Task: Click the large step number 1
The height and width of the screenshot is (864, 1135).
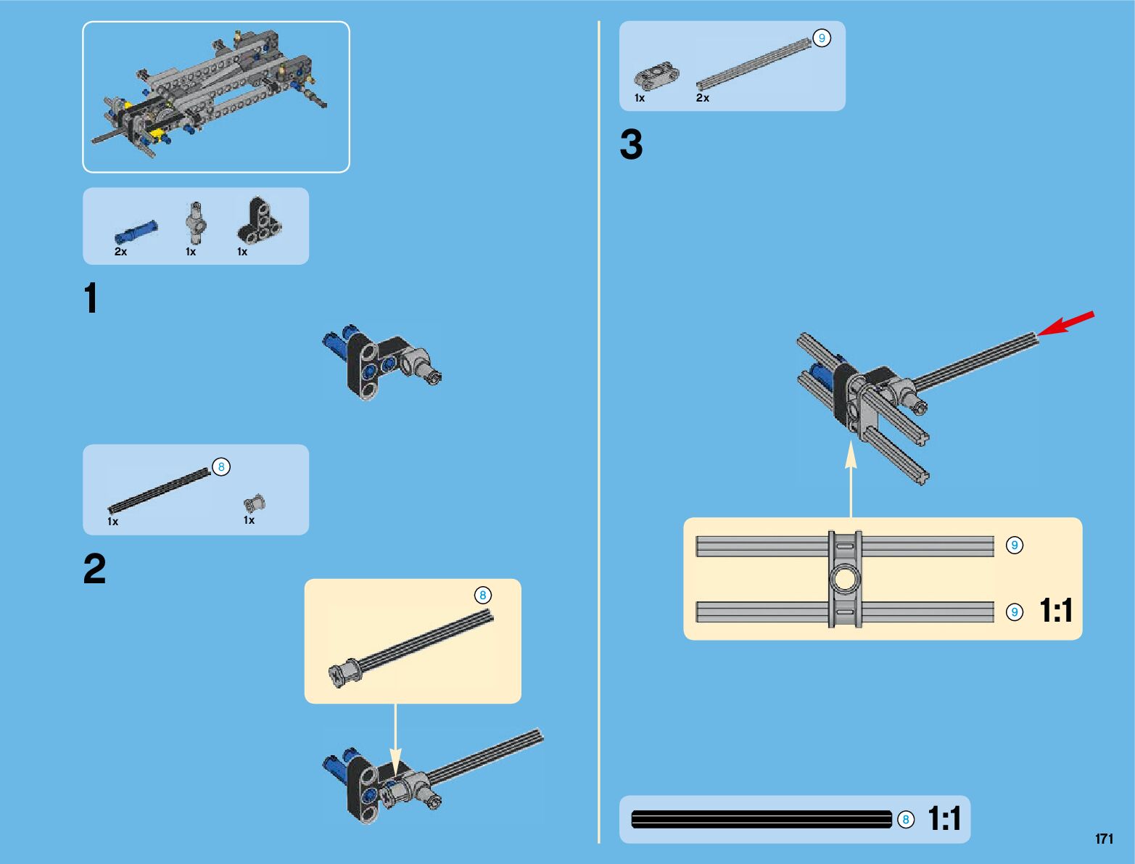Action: point(91,298)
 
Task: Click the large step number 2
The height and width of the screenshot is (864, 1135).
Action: point(94,568)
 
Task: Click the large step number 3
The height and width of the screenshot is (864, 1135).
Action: point(632,144)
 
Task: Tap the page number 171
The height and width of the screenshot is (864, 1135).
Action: point(1104,838)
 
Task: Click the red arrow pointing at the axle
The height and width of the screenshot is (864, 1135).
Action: point(1065,323)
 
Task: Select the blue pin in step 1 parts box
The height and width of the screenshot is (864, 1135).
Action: point(136,231)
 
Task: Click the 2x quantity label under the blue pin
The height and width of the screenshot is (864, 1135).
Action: point(120,252)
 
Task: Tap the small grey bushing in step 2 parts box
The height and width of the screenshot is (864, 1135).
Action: point(255,503)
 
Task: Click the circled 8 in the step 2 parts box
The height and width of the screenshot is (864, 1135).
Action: point(221,467)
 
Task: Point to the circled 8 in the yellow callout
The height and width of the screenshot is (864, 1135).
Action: point(483,595)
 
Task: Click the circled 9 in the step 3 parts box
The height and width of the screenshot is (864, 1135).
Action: point(822,38)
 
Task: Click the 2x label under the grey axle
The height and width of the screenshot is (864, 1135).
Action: point(703,98)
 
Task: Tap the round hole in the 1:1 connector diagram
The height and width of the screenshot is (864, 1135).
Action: point(844,579)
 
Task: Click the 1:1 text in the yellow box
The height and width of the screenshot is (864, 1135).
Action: point(1056,610)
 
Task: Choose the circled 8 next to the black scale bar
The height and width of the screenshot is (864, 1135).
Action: point(905,820)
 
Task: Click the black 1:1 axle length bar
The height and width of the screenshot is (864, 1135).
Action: point(762,820)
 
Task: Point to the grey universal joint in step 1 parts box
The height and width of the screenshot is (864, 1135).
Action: point(196,223)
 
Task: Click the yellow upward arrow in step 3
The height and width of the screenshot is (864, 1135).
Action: point(851,479)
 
